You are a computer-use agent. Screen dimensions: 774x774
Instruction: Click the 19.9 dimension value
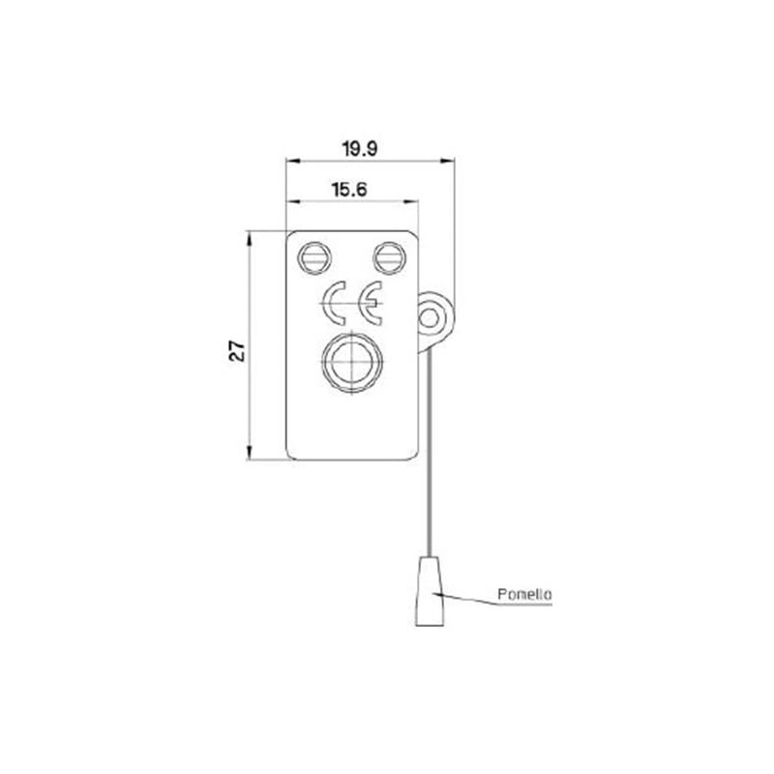359,148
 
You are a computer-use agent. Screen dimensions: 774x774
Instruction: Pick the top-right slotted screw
388,257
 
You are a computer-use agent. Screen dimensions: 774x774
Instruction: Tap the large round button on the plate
348,363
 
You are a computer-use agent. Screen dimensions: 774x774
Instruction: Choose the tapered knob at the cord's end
430,591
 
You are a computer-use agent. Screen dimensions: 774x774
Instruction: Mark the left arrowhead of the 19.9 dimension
290,161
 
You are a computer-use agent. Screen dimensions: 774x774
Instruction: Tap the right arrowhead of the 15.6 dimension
414,201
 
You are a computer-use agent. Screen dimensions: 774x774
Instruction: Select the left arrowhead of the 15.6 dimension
290,201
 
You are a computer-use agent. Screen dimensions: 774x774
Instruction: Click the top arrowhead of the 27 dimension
251,236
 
